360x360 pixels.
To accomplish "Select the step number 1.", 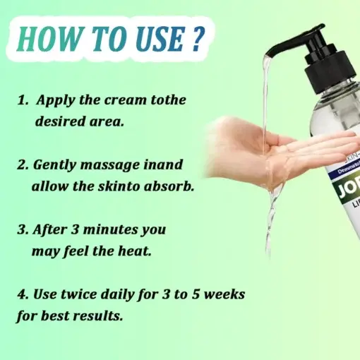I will click(x=21, y=100).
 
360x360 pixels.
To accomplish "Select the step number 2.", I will click(x=21, y=165).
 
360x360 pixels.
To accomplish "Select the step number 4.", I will click(x=21, y=294).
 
